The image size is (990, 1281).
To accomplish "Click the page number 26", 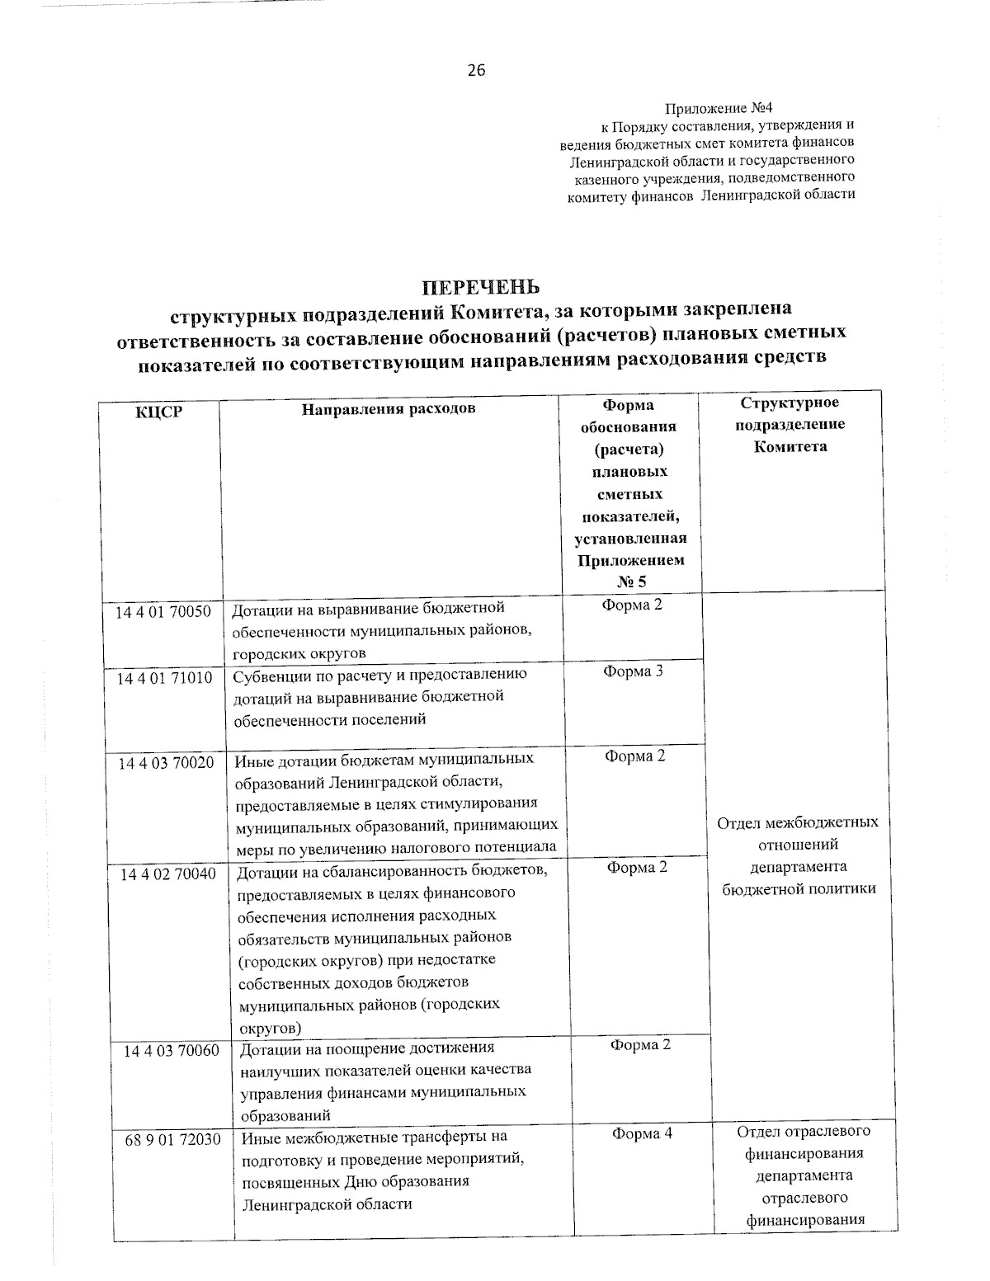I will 477,70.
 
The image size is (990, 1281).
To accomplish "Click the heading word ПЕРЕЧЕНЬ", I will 481,287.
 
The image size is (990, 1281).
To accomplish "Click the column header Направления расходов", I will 388,408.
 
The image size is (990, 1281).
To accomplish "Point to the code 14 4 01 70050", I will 163,611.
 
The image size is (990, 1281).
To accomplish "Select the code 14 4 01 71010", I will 164,678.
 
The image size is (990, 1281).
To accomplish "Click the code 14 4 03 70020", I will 166,763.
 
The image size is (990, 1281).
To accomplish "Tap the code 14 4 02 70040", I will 168,874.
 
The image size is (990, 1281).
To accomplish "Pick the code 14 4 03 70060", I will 172,1051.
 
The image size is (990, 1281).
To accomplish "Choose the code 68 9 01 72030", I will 172,1139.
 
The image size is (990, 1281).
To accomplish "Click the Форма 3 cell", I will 633,671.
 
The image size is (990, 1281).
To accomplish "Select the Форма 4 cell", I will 642,1134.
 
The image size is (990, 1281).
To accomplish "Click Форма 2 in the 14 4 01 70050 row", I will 632,605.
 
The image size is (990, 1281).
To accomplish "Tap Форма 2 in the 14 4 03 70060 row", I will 640,1045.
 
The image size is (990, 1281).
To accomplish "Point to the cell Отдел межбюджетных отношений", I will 797,855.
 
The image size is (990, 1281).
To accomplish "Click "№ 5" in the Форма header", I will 631,582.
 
